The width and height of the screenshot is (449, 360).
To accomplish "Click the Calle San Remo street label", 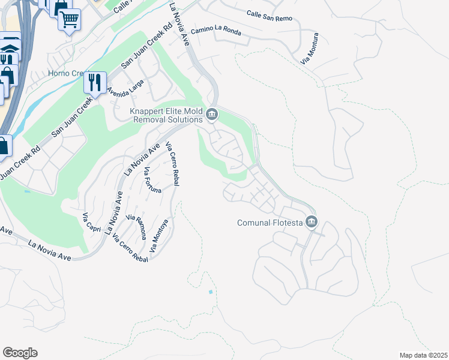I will point(269,16).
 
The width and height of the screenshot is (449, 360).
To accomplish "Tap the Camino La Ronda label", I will point(215,31).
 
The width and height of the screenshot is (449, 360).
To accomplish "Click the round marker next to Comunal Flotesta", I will point(311,223).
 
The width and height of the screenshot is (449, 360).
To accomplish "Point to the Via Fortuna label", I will point(152,181).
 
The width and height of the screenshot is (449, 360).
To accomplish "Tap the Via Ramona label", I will point(136,226).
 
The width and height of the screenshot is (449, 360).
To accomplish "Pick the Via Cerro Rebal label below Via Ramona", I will point(130,248).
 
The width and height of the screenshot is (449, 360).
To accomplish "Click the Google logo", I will point(20,353).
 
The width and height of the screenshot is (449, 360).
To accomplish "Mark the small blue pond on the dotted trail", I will point(210,292).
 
